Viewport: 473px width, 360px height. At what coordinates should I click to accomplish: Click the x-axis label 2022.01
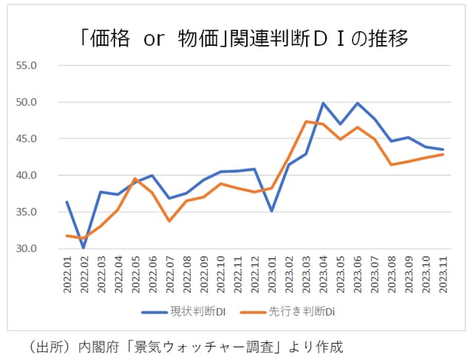point(67,276)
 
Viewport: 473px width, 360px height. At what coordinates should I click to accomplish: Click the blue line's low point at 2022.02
point(84,248)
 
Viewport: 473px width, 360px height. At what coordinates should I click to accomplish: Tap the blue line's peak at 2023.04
point(324,103)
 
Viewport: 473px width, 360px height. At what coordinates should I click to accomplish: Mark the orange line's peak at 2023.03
point(306,121)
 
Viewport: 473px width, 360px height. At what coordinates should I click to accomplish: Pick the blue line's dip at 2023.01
point(272,211)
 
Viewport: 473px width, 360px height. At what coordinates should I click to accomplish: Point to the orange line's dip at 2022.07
point(169,220)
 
